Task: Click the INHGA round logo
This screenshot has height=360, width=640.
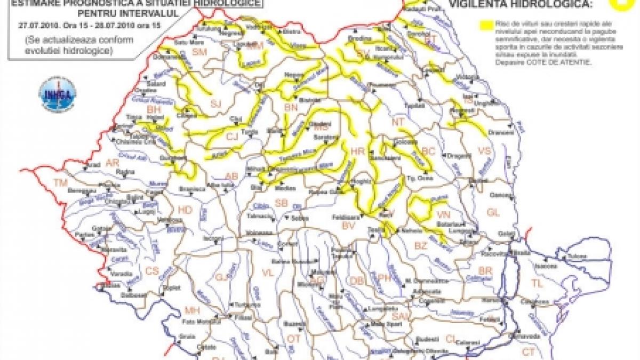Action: [57, 94]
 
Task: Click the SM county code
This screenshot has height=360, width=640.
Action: [199, 52]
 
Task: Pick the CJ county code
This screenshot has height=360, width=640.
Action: [231, 137]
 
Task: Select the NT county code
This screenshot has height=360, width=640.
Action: [398, 122]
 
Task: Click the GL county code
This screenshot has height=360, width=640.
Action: [493, 212]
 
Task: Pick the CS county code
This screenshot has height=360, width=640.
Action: [153, 270]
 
